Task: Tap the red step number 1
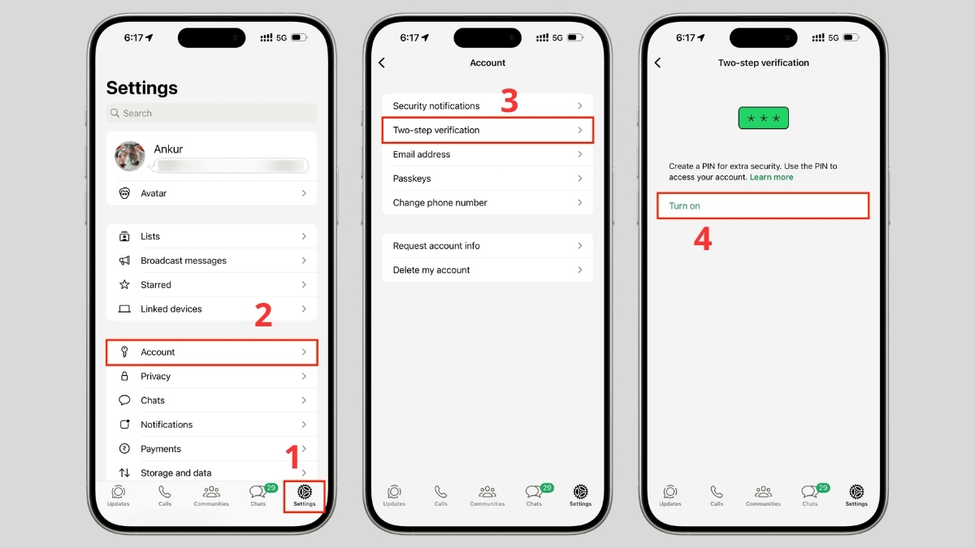(293, 457)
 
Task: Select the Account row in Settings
(211, 352)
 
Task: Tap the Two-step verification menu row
(487, 130)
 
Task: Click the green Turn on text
(684, 206)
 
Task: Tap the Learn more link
(771, 177)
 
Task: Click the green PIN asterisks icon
(763, 119)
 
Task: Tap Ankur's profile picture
(130, 157)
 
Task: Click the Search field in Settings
(211, 114)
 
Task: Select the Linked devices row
(211, 309)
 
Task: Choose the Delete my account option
(487, 270)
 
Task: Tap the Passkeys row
(487, 179)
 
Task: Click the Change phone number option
(487, 203)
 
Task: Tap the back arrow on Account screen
(382, 63)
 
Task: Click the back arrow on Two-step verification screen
(658, 63)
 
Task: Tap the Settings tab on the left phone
(305, 494)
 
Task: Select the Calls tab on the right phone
(717, 494)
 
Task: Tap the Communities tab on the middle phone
(487, 494)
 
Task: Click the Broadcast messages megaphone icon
(124, 261)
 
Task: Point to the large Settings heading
(142, 88)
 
